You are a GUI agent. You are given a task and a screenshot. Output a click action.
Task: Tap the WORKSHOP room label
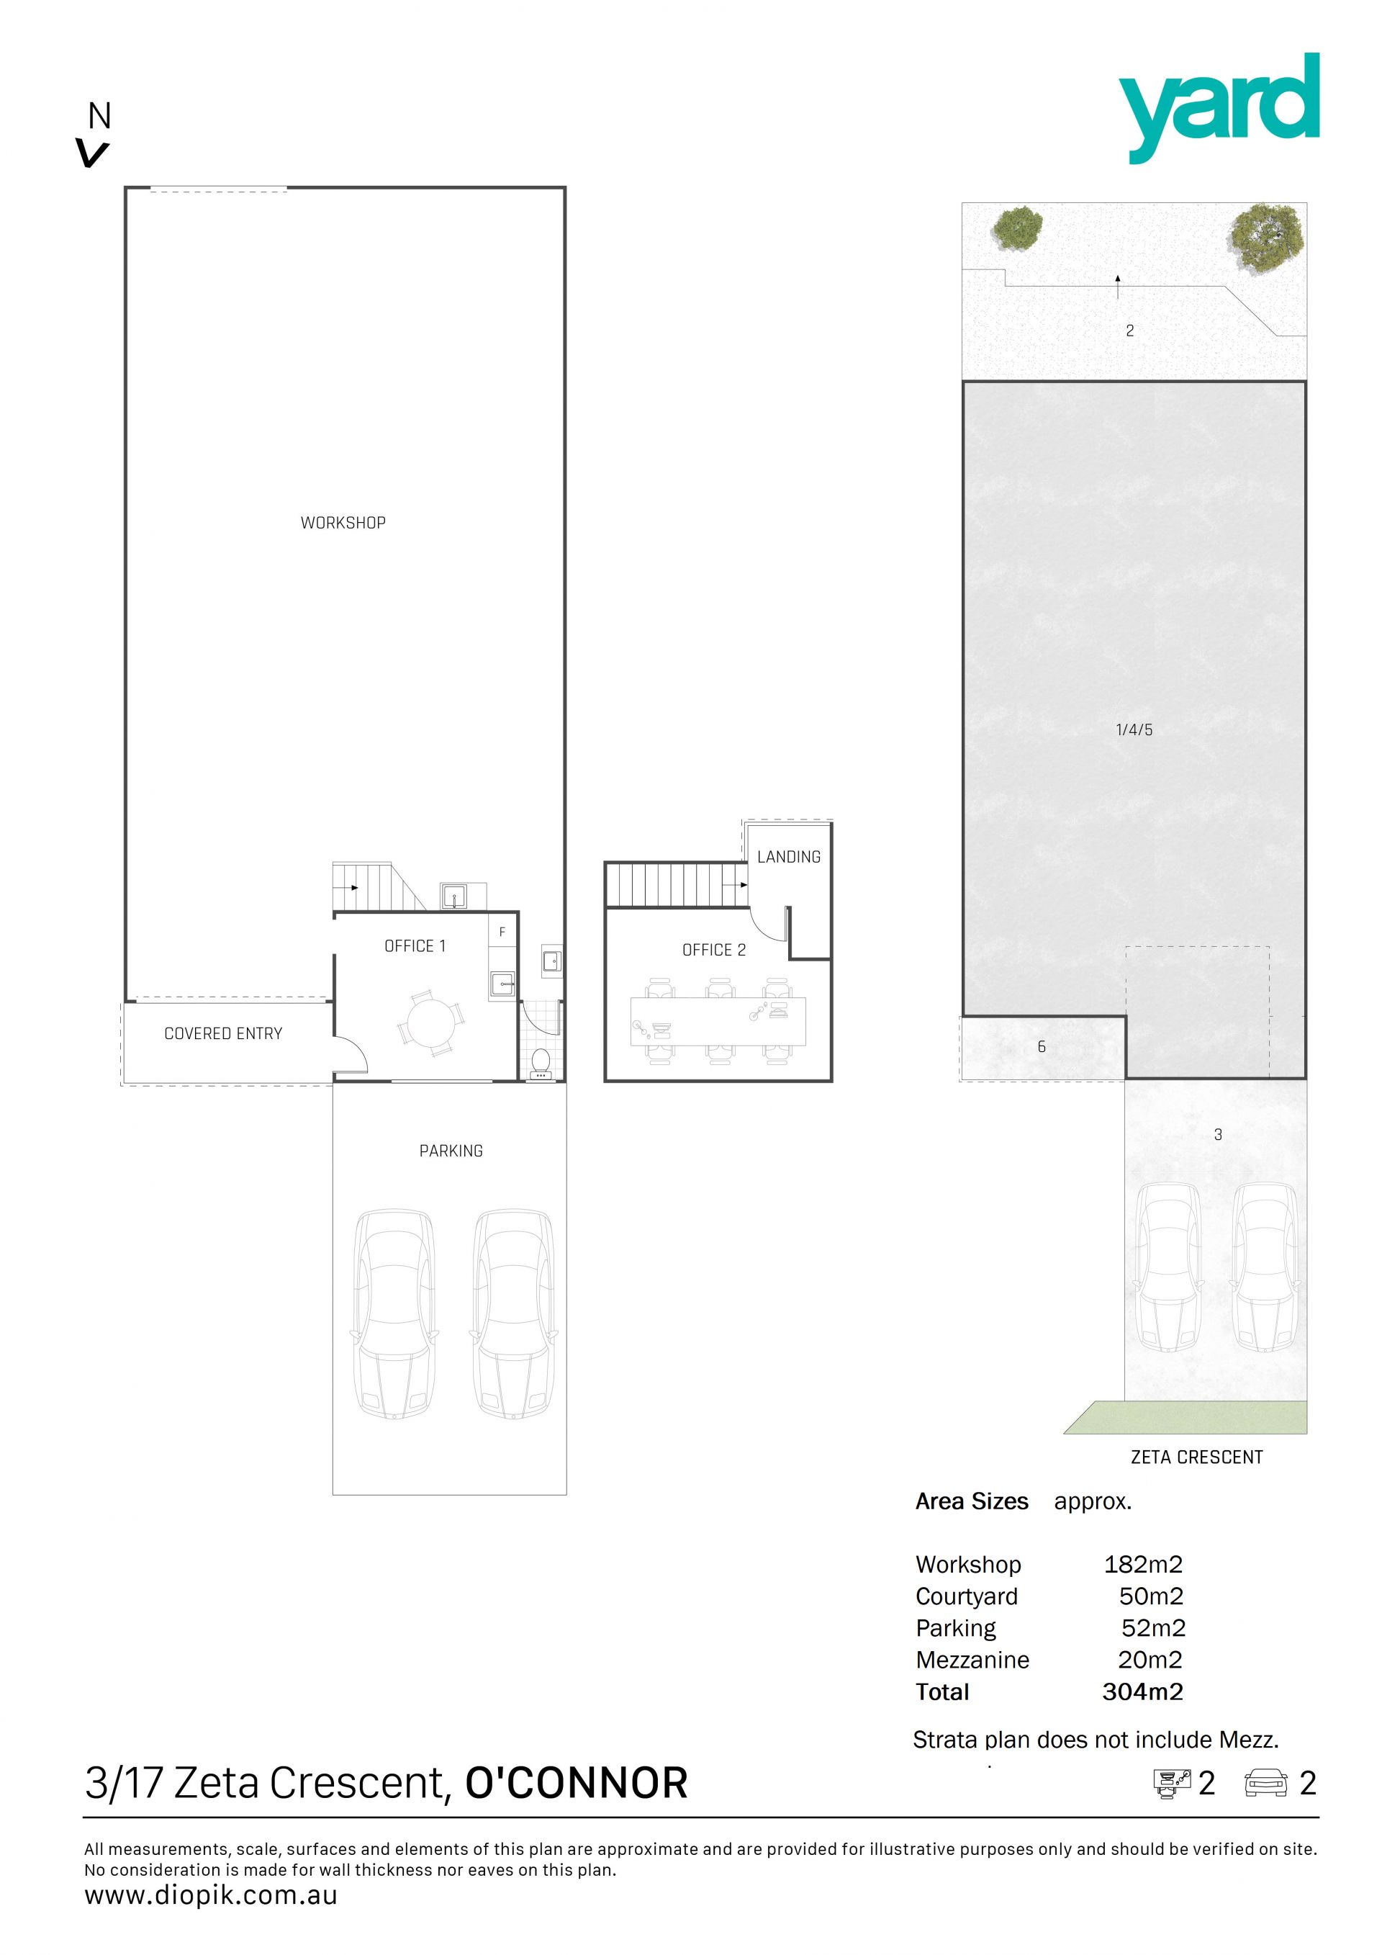343,523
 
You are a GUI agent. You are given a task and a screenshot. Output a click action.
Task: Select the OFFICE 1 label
415,946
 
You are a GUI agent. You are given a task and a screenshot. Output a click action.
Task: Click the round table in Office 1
431,1023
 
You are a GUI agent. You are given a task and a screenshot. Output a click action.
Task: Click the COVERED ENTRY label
223,1034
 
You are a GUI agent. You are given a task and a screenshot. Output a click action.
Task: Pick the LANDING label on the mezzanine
789,857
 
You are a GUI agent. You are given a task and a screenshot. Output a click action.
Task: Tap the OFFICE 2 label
714,950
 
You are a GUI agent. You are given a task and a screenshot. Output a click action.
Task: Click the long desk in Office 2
718,1022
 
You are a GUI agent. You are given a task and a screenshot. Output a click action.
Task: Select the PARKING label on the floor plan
451,1151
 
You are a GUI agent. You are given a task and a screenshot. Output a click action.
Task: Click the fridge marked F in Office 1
502,932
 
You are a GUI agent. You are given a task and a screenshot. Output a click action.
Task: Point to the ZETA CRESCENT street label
1196,1457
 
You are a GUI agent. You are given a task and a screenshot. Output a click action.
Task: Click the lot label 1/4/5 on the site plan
1134,729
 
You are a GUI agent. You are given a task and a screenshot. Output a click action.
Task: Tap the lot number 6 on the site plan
1042,1047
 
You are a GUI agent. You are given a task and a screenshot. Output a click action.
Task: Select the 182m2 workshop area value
1143,1564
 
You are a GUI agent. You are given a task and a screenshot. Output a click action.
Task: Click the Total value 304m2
1143,1692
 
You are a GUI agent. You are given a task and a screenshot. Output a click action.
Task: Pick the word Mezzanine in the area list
972,1660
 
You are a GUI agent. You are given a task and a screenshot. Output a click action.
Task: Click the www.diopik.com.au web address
211,1895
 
